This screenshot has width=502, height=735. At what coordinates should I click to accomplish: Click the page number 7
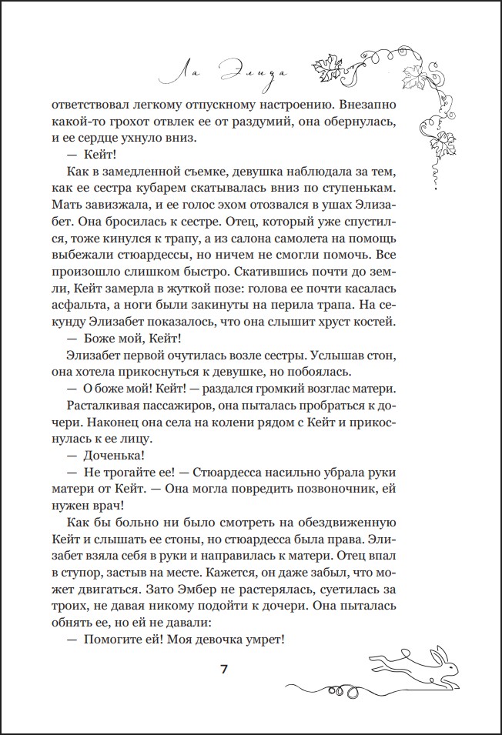coord(224,668)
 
